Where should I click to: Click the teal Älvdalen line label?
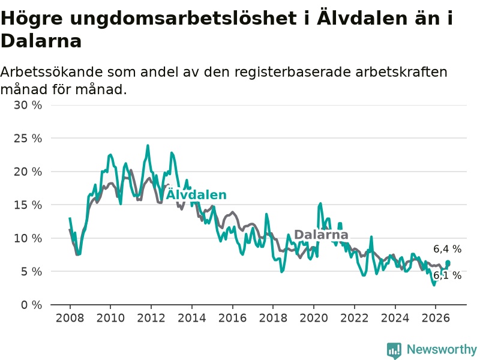point(196,194)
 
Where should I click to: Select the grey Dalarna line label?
point(321,235)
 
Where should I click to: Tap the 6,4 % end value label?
point(447,249)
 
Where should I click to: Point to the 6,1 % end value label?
point(447,275)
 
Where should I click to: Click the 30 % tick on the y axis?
point(28,106)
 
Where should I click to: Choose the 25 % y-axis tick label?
point(28,139)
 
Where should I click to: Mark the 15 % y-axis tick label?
point(28,205)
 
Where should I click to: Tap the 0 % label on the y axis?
point(31,305)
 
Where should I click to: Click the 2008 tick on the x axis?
point(70,318)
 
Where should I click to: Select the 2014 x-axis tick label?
point(192,318)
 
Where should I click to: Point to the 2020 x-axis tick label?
point(314,318)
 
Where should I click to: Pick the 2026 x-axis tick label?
point(436,318)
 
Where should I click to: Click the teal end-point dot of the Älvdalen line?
point(448,263)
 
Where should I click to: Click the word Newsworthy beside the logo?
point(442,349)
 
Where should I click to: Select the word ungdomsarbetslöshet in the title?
point(184,19)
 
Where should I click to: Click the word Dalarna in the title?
point(41,41)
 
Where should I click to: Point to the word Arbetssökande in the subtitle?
point(52,72)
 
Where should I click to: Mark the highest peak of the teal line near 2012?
point(148,146)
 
